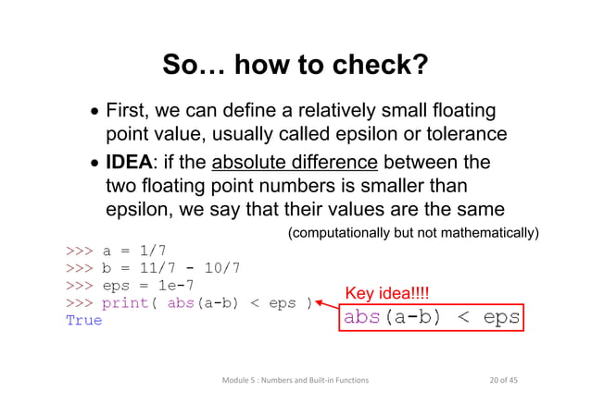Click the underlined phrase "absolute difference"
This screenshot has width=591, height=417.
click(x=295, y=164)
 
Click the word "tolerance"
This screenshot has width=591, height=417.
click(x=458, y=134)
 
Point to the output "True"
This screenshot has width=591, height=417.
click(x=83, y=320)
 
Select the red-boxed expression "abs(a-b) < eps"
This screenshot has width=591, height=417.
click(x=431, y=318)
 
